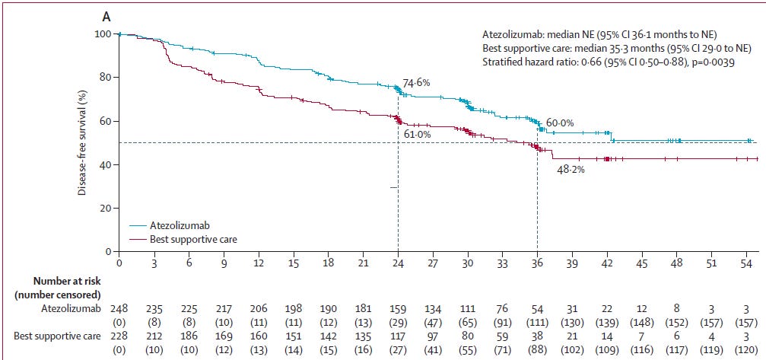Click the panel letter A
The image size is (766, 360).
click(x=106, y=14)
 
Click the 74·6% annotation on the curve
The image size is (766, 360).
click(x=417, y=82)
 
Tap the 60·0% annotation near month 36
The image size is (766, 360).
click(x=559, y=123)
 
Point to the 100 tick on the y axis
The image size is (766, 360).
click(x=102, y=34)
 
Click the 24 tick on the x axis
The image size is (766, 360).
click(x=398, y=263)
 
